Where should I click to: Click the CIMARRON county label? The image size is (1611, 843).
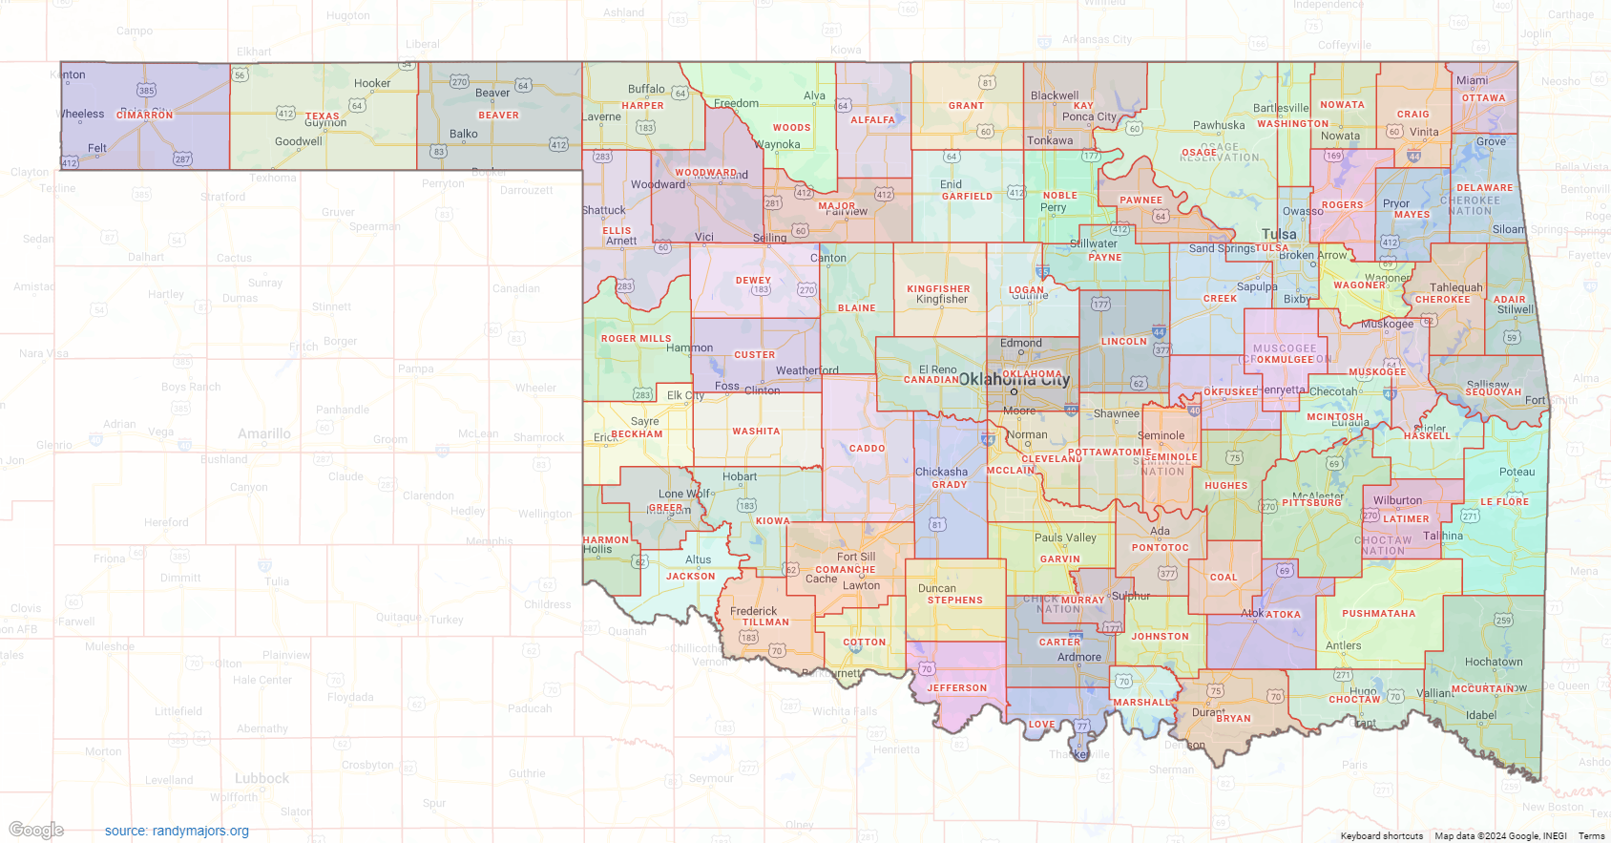pyautogui.click(x=145, y=116)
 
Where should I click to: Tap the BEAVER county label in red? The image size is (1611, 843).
pyautogui.click(x=498, y=116)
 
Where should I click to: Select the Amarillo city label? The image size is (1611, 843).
pyautogui.click(x=264, y=433)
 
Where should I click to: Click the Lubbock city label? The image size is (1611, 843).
pyautogui.click(x=262, y=779)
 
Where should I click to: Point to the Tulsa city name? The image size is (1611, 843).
pyautogui.click(x=1279, y=234)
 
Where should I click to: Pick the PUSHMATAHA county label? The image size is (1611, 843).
pyautogui.click(x=1378, y=614)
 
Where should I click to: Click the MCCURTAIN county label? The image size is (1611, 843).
pyautogui.click(x=1482, y=688)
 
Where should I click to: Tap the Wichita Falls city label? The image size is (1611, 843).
pyautogui.click(x=844, y=711)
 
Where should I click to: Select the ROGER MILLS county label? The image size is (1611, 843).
pyautogui.click(x=636, y=339)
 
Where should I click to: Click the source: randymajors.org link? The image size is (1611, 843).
pyautogui.click(x=177, y=831)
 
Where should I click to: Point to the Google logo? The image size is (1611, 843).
pyautogui.click(x=36, y=830)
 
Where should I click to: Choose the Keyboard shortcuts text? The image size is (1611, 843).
pyautogui.click(x=1381, y=836)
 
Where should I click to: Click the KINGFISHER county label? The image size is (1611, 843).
pyautogui.click(x=938, y=289)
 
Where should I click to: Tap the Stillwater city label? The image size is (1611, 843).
pyautogui.click(x=1094, y=243)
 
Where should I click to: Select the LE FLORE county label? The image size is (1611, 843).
pyautogui.click(x=1504, y=502)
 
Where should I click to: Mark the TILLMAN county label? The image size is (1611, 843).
pyautogui.click(x=765, y=622)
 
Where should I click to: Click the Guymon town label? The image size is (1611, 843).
pyautogui.click(x=325, y=123)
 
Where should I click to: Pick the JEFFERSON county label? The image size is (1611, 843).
pyautogui.click(x=956, y=688)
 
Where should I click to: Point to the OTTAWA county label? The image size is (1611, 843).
pyautogui.click(x=1483, y=98)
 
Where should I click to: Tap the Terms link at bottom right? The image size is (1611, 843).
pyautogui.click(x=1591, y=836)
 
